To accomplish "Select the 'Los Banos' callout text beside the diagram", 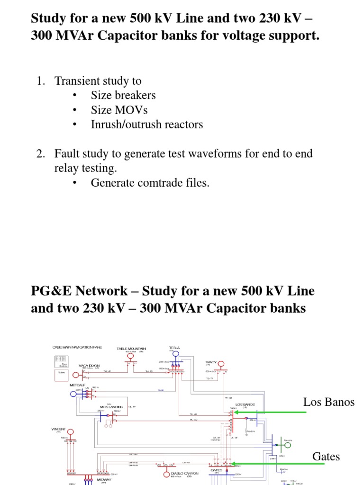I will (x=328, y=402).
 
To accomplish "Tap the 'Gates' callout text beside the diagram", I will (x=326, y=457).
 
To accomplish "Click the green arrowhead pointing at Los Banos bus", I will (x=235, y=412).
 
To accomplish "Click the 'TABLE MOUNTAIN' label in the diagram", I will (x=131, y=349).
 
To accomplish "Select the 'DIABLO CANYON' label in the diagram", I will (x=184, y=473).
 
